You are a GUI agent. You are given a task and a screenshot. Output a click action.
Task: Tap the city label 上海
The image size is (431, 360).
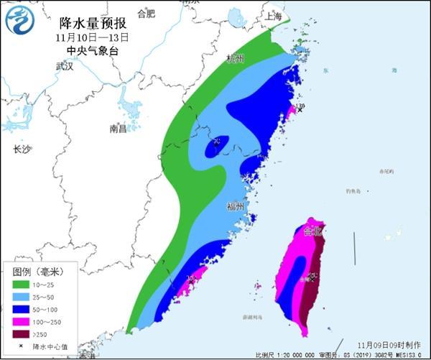point(272,16)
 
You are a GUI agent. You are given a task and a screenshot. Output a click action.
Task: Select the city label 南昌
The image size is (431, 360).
point(118,129)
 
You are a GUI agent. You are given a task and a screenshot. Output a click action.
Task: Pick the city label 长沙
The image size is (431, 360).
point(22,149)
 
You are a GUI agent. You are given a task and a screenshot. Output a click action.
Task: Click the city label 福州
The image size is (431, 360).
point(235,206)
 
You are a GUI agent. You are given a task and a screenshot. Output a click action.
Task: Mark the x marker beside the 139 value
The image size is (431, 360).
point(300,109)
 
